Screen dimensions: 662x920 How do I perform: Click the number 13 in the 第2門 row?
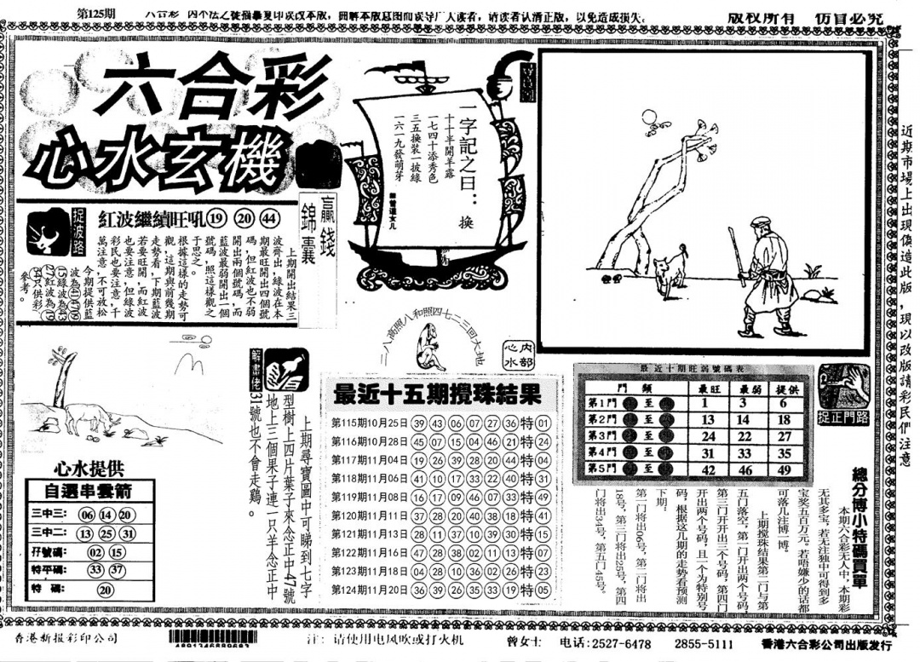pyautogui.click(x=706, y=419)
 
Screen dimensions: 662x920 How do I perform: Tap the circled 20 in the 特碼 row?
pyautogui.click(x=106, y=589)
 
